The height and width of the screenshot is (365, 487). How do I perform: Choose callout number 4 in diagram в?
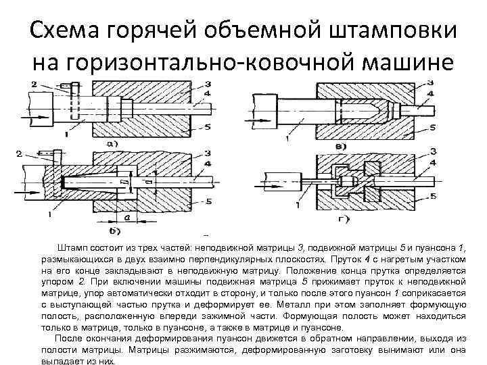point(432,93)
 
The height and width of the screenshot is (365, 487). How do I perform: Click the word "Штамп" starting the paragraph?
point(74,249)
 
